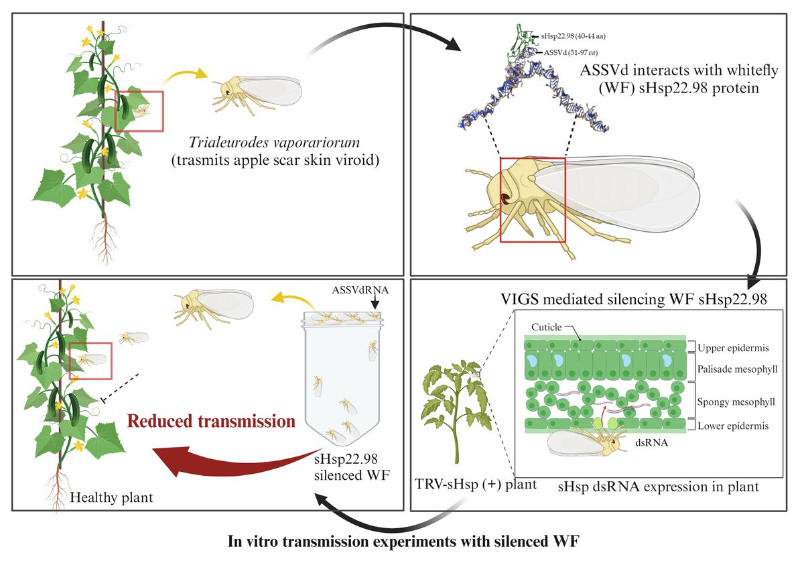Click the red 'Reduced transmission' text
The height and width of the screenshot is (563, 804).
[212, 422]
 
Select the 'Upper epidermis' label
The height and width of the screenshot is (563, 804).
[732, 347]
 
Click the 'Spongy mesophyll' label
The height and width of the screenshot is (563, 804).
[735, 403]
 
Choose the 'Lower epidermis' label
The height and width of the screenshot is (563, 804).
[732, 426]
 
